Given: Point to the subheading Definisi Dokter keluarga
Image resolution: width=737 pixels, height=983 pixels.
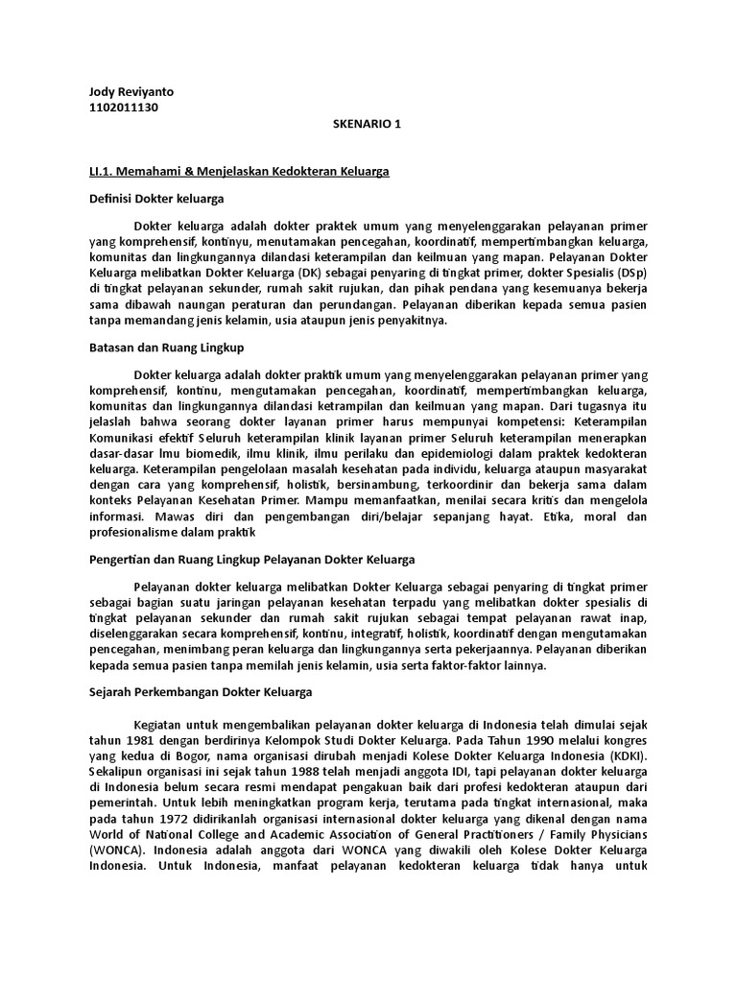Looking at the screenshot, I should click(155, 199).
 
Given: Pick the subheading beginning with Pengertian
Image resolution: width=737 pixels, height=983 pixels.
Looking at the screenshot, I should click(250, 560).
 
